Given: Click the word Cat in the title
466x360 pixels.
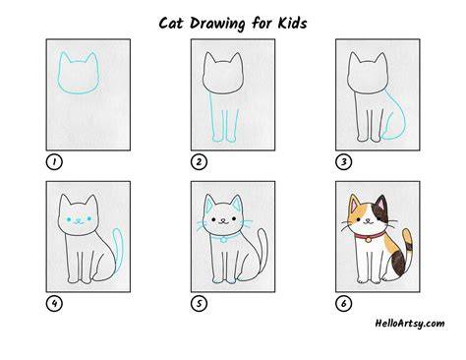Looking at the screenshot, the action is click(x=171, y=24).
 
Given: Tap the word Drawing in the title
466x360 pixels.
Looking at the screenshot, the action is click(x=217, y=24).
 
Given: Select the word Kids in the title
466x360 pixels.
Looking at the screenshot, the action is click(x=292, y=23).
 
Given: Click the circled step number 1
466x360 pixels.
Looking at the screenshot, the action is click(x=54, y=161).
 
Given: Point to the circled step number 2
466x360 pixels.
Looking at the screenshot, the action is click(x=199, y=161).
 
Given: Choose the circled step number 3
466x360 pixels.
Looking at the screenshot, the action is click(x=343, y=161).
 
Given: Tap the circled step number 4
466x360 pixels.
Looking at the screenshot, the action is click(x=54, y=303).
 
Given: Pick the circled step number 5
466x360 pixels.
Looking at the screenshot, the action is click(x=199, y=303).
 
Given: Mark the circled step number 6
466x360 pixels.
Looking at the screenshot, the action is click(x=343, y=303).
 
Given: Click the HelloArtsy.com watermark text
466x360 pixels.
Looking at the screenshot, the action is click(x=410, y=324).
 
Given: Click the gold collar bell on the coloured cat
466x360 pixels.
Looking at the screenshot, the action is click(x=368, y=240).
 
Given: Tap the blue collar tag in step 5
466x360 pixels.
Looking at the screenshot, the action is click(x=223, y=240).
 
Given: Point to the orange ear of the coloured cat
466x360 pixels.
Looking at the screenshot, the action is click(x=354, y=204).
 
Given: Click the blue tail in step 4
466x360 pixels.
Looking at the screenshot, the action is click(x=118, y=248).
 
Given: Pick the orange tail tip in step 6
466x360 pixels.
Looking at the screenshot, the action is click(x=407, y=236).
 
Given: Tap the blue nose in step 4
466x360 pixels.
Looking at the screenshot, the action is click(x=79, y=219).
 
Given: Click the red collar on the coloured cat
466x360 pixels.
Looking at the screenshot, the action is click(x=369, y=235).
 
